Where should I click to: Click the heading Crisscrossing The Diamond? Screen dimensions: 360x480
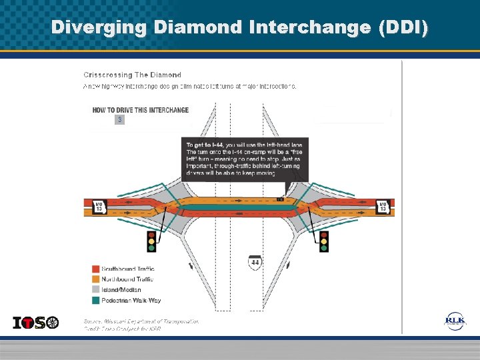click(132, 75)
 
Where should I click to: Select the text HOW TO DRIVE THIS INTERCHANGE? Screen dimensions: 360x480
click(141, 110)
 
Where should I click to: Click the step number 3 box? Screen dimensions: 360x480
click(119, 120)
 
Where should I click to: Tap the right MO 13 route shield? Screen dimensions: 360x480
click(383, 207)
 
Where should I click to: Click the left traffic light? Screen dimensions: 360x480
click(151, 241)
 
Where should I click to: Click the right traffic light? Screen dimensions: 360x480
click(324, 241)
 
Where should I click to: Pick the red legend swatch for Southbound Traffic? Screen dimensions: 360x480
click(96, 269)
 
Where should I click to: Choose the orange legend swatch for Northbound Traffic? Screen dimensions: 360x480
click(96, 279)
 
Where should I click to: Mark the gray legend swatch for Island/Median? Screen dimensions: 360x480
click(96, 290)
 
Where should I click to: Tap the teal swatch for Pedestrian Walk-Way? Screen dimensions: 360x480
click(96, 301)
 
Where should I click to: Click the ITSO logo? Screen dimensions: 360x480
click(36, 323)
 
